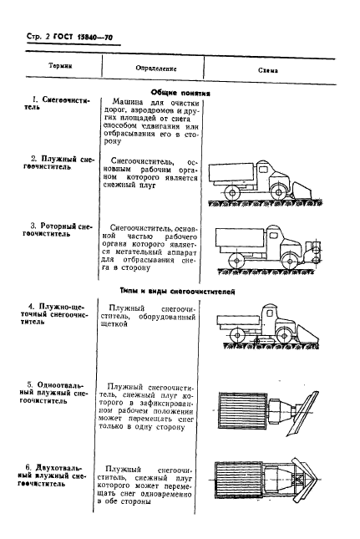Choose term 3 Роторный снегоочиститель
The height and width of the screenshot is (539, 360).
[x=48, y=230]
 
